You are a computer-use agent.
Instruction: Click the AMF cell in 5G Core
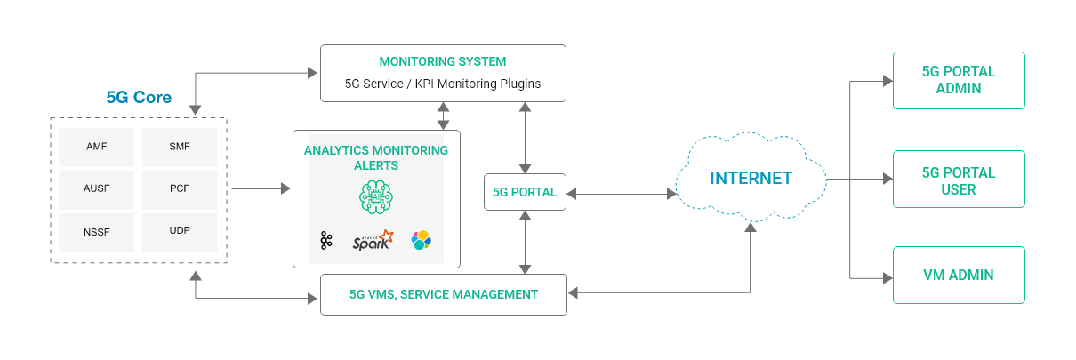[x=97, y=147]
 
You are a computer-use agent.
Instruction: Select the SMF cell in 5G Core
[x=180, y=147]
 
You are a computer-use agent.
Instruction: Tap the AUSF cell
[x=97, y=189]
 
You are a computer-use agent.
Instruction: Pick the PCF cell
[x=180, y=189]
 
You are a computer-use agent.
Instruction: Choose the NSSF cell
[x=97, y=232]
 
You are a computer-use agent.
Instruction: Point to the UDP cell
[x=180, y=232]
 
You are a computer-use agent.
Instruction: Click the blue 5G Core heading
[x=139, y=97]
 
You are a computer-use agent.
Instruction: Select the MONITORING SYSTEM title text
[x=442, y=62]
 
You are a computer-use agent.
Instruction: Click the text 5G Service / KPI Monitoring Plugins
[x=442, y=84]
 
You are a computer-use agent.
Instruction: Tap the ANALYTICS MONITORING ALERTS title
[x=376, y=157]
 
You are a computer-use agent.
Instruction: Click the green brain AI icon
[x=375, y=196]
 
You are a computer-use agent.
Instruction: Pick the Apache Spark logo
[x=372, y=241]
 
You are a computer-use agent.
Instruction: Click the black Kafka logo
[x=326, y=240]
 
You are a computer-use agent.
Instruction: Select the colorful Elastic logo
[x=421, y=240]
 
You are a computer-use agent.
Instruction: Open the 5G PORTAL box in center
[x=525, y=192]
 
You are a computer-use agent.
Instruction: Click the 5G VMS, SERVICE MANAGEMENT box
[x=443, y=294]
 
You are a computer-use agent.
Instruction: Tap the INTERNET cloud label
[x=751, y=179]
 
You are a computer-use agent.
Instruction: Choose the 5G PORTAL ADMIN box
[x=959, y=80]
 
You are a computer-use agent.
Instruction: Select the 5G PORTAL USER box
[x=959, y=180]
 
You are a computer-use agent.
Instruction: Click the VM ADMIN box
[x=959, y=276]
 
